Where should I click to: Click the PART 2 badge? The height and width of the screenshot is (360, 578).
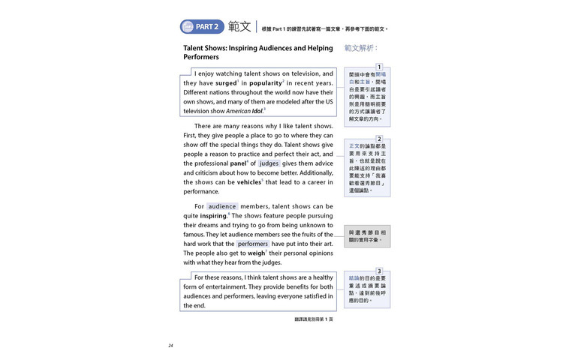click(202, 27)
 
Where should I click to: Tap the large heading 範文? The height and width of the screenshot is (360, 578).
click(239, 27)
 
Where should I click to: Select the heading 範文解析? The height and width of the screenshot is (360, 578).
click(361, 48)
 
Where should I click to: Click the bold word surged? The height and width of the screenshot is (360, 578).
click(226, 83)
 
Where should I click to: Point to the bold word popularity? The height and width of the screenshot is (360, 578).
click(265, 83)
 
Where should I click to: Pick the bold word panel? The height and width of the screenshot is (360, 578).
click(239, 163)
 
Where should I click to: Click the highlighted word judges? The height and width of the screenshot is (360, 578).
click(269, 163)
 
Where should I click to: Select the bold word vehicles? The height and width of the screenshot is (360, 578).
click(249, 182)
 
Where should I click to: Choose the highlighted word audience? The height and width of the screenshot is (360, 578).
click(222, 206)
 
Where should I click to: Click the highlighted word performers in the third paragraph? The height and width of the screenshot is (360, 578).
click(253, 244)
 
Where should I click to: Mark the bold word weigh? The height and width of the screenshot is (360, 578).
click(256, 253)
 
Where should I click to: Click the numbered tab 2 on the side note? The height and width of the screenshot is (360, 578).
click(379, 139)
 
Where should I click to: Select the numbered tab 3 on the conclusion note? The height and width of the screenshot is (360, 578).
click(379, 271)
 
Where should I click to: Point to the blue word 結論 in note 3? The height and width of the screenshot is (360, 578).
click(354, 278)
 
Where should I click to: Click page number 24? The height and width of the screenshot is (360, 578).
click(171, 346)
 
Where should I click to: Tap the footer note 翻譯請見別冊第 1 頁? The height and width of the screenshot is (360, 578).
click(314, 319)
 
